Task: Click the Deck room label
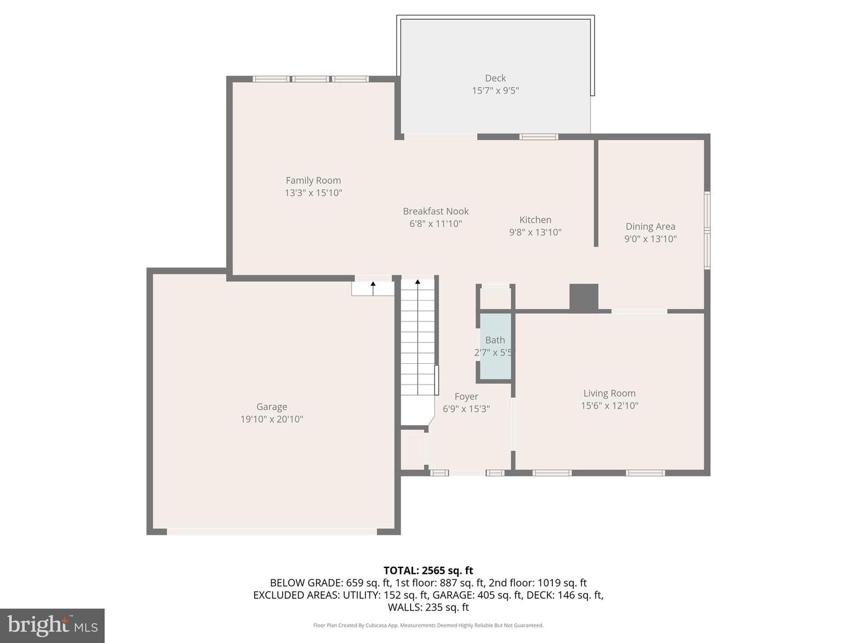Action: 495,78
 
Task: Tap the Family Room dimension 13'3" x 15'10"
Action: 313,193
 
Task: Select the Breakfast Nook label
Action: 436,211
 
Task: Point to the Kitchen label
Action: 535,220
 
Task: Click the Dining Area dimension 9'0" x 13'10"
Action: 650,239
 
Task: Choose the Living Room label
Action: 609,393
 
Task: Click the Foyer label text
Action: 466,397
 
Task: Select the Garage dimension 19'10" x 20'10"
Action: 271,419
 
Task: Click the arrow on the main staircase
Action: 417,282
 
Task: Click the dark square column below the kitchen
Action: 583,297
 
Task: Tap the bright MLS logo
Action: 52,625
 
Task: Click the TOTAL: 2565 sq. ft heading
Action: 428,570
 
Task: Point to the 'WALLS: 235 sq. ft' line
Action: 428,607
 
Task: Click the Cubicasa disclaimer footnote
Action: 428,625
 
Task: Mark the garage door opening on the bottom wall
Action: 272,531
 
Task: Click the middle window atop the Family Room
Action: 310,79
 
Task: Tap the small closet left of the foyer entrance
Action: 412,449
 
